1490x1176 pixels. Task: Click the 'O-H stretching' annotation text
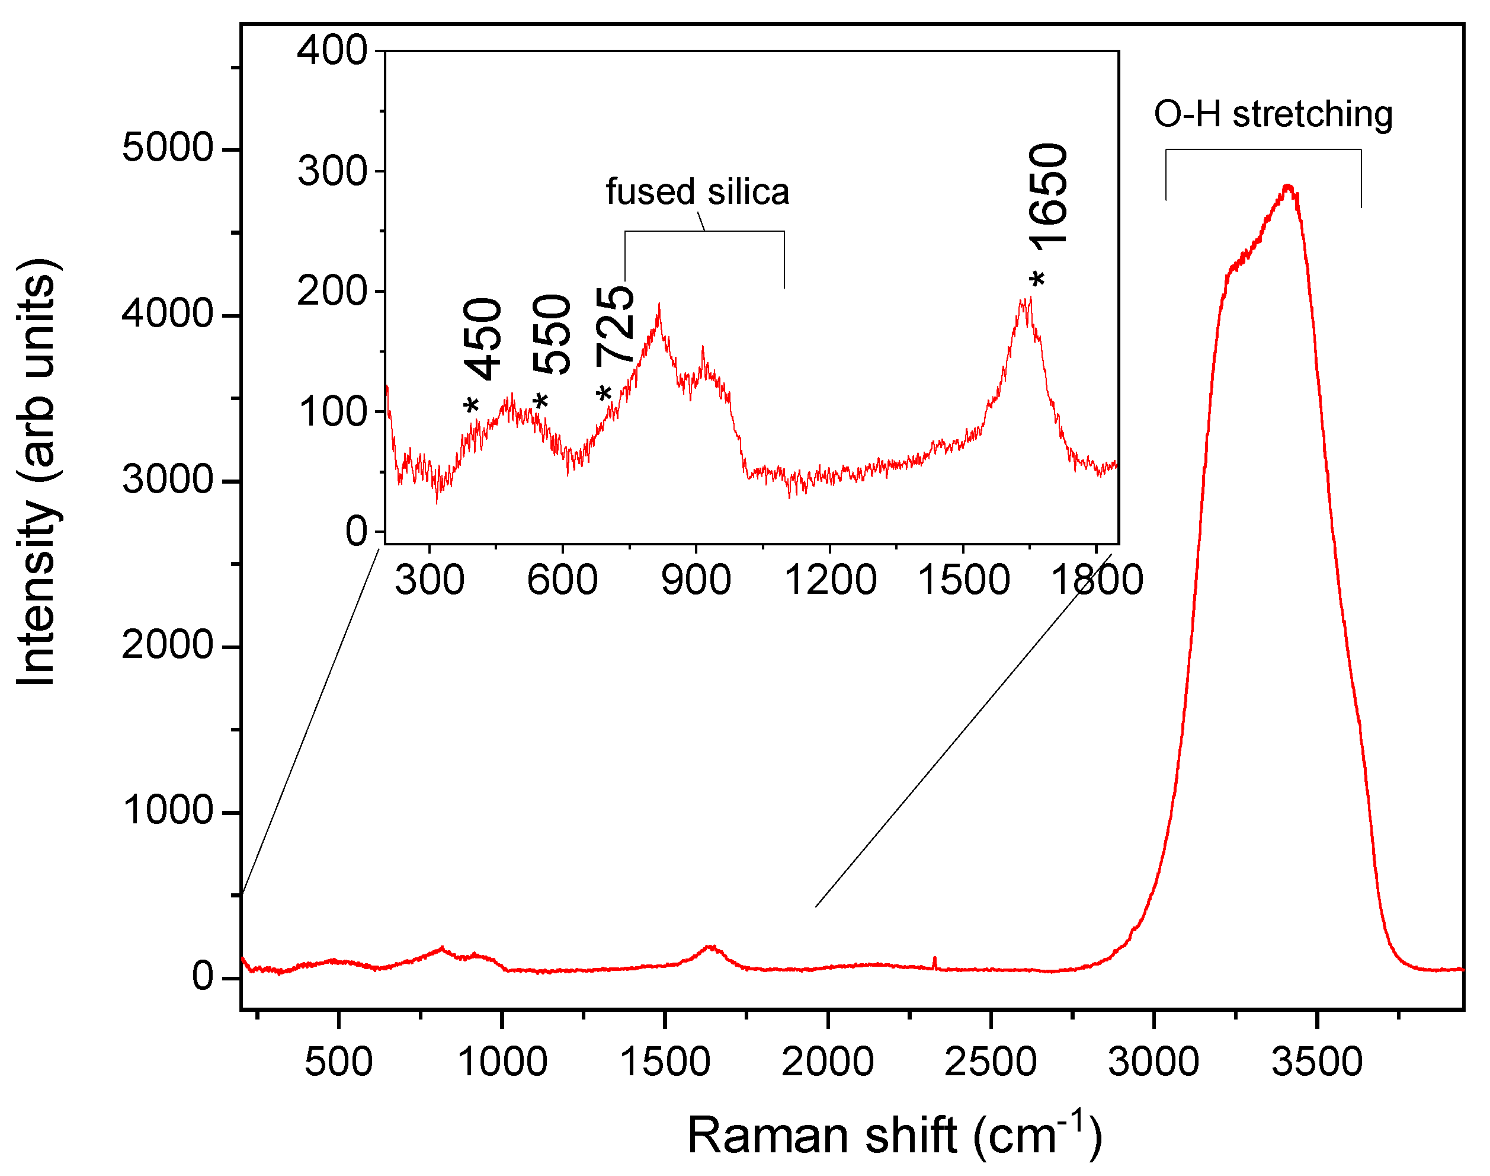pos(1273,114)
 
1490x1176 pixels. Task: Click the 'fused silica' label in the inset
pos(697,192)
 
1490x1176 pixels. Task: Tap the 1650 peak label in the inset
pos(1049,195)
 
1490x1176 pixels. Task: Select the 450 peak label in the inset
pos(483,339)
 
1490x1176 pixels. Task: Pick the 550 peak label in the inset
pos(552,335)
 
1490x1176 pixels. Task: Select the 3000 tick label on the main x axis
pos(1153,1061)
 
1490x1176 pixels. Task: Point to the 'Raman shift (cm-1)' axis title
pos(894,1135)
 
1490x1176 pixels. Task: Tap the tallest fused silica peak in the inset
pos(659,305)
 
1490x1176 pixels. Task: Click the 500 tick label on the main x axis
pos(339,1061)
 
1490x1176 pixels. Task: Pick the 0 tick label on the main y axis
pos(203,976)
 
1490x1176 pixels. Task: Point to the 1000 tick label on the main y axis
pos(167,810)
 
